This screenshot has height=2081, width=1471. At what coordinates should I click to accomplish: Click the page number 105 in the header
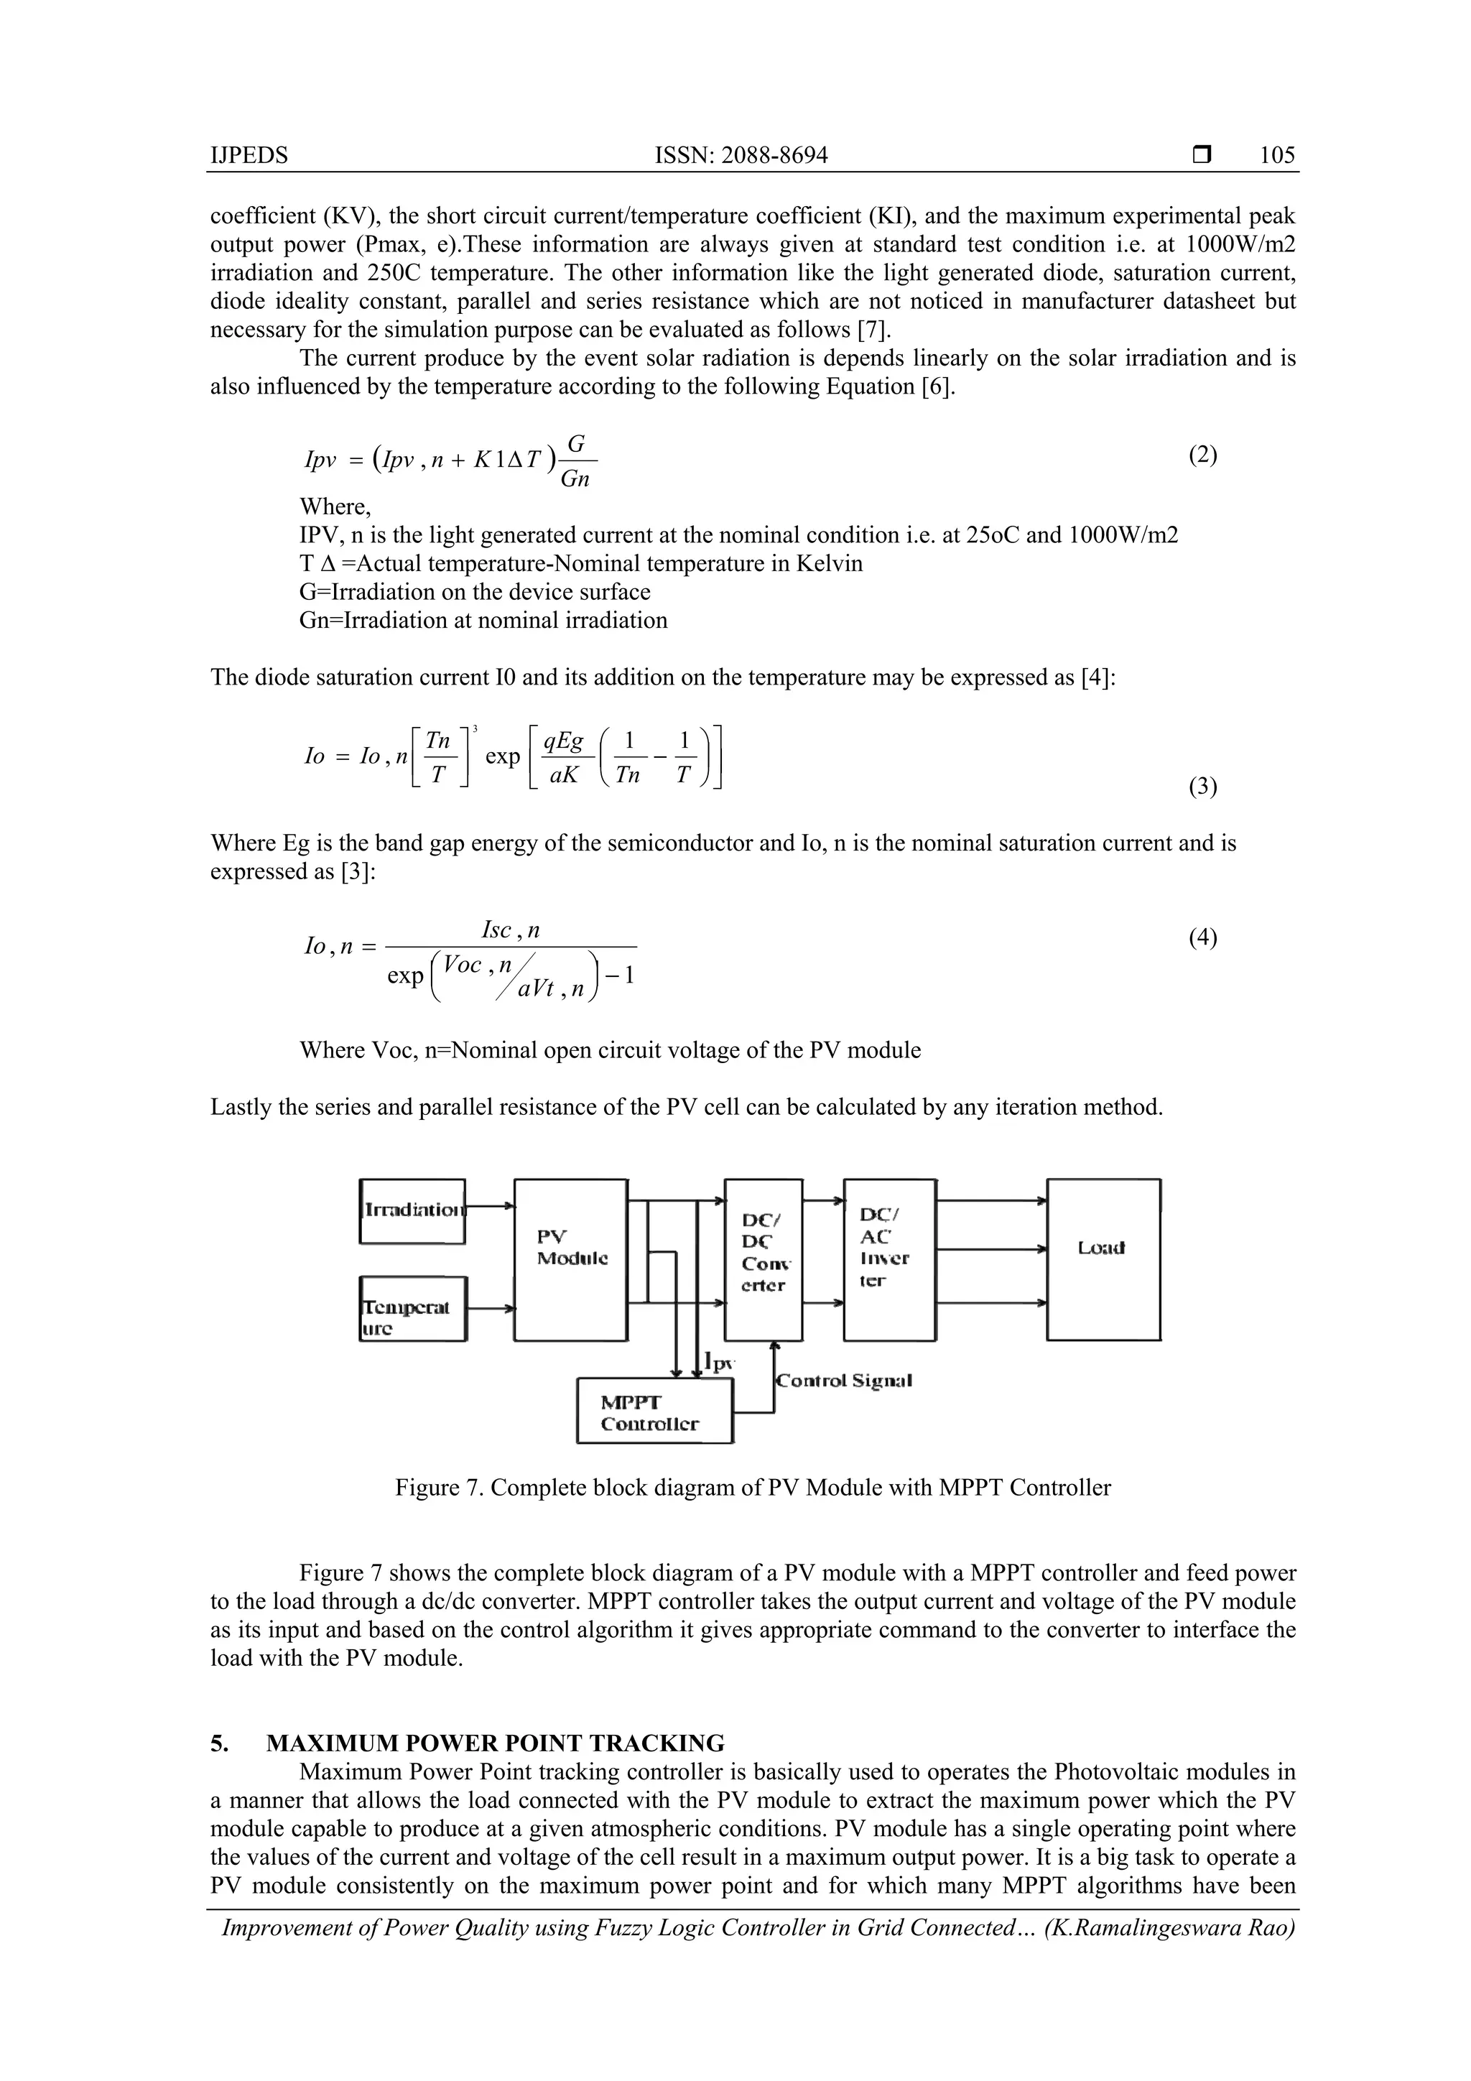click(x=1277, y=155)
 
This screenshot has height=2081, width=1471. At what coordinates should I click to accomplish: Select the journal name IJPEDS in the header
click(x=249, y=155)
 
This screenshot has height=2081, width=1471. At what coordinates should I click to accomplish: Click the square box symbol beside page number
click(x=1202, y=155)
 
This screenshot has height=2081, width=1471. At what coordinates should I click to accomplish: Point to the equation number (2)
click(x=1202, y=455)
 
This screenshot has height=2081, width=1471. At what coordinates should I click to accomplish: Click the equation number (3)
click(x=1202, y=787)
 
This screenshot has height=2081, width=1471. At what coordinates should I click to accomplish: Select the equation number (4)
click(x=1202, y=937)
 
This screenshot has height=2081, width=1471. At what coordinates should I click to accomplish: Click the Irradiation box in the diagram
click(x=412, y=1211)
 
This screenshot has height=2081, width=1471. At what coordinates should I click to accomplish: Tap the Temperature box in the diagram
click(x=412, y=1308)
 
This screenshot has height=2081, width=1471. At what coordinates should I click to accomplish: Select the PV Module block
click(x=570, y=1259)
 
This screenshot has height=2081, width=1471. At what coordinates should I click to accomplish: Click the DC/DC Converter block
click(x=763, y=1259)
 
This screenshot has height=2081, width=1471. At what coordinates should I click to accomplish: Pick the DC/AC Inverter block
click(x=888, y=1259)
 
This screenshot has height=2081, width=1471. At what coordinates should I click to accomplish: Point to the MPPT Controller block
click(x=654, y=1412)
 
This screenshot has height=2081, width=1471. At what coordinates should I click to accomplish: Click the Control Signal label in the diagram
click(x=844, y=1381)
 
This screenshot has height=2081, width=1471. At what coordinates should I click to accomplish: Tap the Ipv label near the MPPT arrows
click(x=720, y=1362)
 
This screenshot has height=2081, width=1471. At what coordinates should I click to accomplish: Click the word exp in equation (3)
click(x=502, y=756)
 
